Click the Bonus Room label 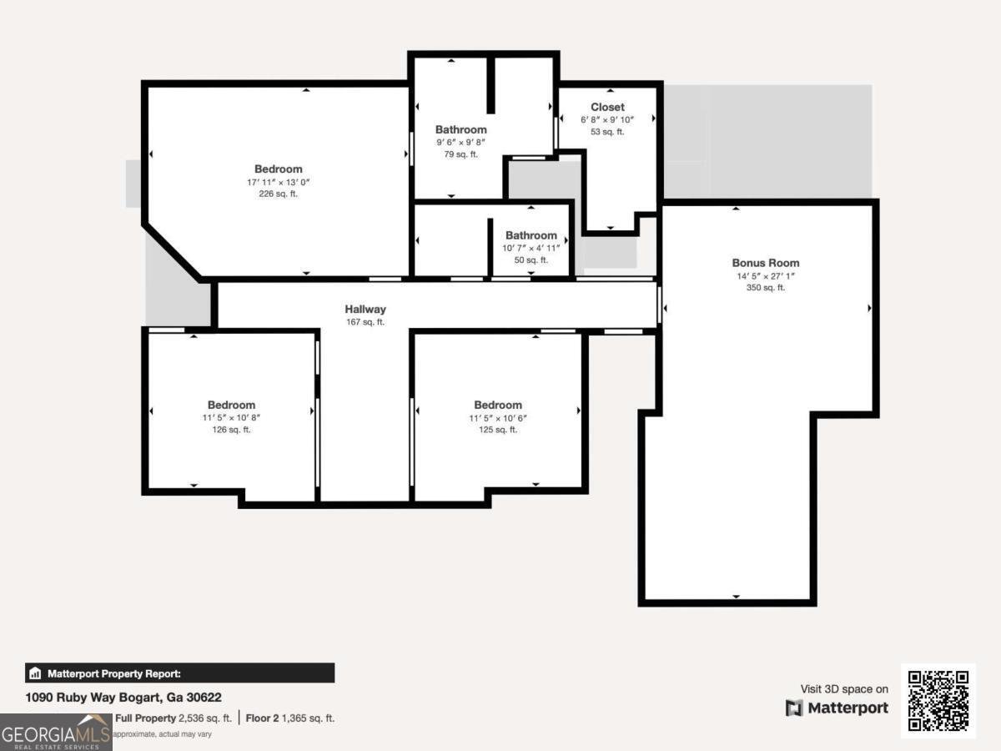765,263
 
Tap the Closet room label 607,107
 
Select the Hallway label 365,310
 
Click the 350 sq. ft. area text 765,288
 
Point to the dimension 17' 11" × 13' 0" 279,182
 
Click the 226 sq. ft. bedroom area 279,194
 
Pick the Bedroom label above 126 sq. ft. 231,406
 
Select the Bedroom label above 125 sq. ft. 498,406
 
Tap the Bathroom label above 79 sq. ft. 460,129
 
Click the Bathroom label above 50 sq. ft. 531,235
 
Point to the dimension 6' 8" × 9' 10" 607,119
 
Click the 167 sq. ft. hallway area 365,322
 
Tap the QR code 938,701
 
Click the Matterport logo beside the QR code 837,708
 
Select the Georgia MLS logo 55,733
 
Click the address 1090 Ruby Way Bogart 123,697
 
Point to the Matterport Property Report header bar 179,673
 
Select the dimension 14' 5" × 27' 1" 765,275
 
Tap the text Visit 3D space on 844,689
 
